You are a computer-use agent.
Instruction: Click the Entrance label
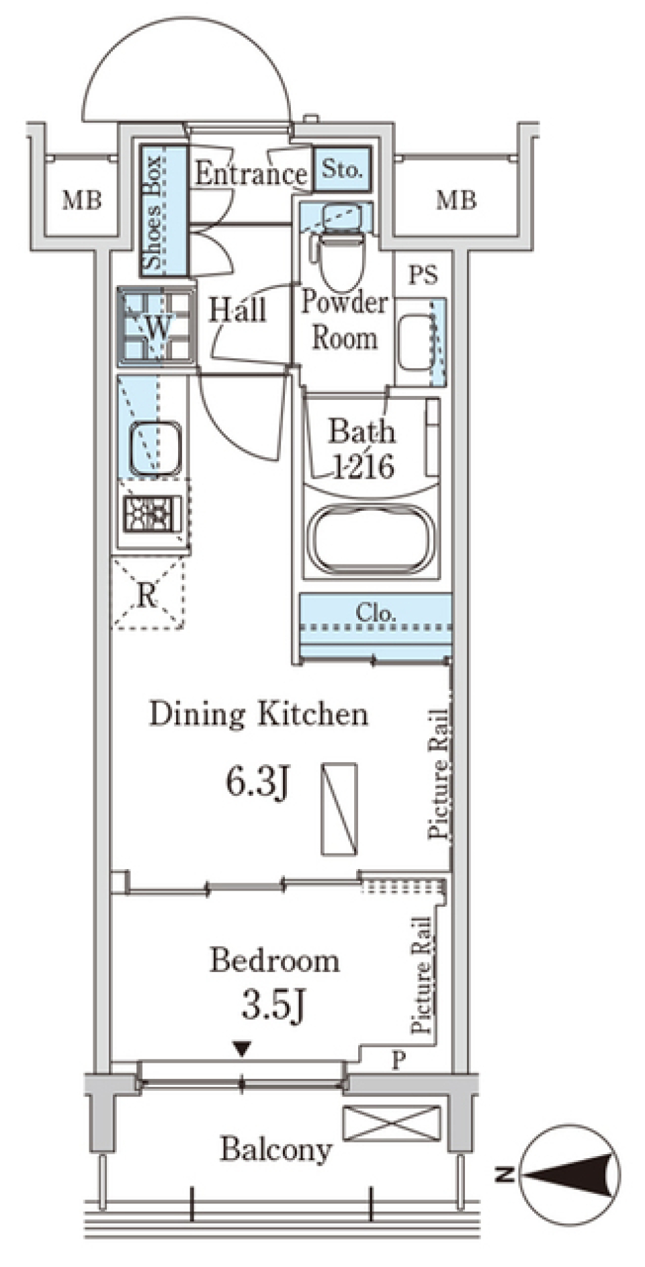(251, 174)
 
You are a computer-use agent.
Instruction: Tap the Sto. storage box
(342, 168)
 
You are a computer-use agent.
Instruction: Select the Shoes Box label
(153, 212)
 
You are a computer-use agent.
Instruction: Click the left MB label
(82, 200)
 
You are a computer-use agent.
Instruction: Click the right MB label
(456, 200)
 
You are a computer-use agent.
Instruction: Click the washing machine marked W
(157, 327)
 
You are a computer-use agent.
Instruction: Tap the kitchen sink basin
(155, 447)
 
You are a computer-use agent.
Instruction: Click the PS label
(423, 275)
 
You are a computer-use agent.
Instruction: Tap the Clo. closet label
(376, 612)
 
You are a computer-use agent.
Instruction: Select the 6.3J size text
(257, 782)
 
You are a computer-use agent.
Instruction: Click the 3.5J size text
(274, 1006)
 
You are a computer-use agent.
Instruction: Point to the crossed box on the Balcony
(392, 1123)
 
